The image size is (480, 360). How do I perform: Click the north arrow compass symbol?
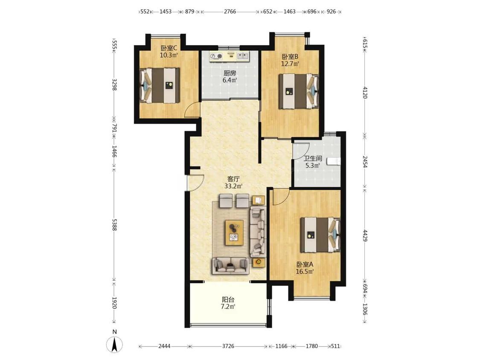pos(114,344)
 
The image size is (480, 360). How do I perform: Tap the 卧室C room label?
pos(169,48)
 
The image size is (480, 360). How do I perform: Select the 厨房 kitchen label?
pos(230,73)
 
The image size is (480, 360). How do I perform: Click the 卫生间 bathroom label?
pos(313,159)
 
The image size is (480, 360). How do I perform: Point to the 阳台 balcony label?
pos(228,299)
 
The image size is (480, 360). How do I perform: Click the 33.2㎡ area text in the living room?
pos(234,186)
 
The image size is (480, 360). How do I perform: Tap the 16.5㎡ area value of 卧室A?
pos(305,271)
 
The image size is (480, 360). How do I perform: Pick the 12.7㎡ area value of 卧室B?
pos(290,64)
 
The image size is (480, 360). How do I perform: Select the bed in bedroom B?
pos(299,91)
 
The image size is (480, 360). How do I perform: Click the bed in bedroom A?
pos(320,235)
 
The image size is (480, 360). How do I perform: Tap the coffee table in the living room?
pos(234,232)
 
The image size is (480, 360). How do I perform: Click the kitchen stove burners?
pos(216,56)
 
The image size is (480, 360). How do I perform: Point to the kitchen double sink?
pos(243,56)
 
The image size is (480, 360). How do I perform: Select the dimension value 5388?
pos(114,224)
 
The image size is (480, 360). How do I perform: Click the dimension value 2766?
pos(230,12)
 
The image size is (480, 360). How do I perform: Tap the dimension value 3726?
pos(228,346)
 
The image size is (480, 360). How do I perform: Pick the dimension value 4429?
pos(365,235)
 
